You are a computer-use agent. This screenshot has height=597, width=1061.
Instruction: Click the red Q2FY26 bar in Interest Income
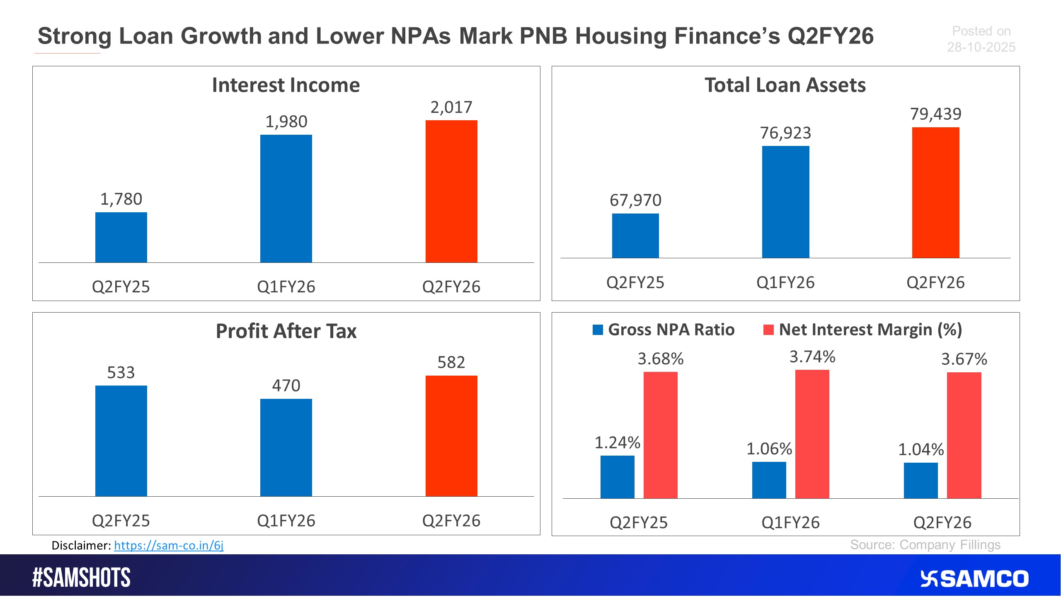coord(451,192)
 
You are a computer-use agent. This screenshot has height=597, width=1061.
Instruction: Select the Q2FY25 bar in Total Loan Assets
coord(635,236)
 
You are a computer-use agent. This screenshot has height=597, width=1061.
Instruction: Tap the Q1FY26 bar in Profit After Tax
coord(286,448)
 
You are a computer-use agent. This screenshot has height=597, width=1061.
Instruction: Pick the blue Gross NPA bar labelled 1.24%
coord(617,477)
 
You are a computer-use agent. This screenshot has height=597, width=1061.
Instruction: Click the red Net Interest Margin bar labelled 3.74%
coord(812,434)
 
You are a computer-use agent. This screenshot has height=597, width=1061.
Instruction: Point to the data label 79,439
coord(935,114)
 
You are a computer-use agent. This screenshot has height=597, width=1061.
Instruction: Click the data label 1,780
coord(121,199)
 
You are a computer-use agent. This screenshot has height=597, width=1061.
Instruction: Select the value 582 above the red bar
coord(451,362)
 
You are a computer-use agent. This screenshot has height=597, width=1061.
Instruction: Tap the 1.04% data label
coord(921,449)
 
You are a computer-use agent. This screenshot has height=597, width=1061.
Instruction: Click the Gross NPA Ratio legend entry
coord(664,330)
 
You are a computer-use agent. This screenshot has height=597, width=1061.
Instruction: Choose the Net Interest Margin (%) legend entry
coord(863,330)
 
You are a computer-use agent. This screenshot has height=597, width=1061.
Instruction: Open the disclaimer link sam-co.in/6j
coord(169,545)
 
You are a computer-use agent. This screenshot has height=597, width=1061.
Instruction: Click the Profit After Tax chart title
coord(286,331)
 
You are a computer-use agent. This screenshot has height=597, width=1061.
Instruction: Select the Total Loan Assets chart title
coord(785,85)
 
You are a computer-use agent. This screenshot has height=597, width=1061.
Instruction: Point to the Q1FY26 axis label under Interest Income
coord(286,287)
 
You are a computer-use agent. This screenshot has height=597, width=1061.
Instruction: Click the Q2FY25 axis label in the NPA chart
coord(639,522)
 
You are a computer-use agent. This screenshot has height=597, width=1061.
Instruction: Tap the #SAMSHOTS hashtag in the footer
coord(82,578)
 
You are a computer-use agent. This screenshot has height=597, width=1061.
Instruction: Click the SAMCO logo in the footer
coord(974,579)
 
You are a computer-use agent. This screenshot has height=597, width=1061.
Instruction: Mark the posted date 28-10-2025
coord(981,47)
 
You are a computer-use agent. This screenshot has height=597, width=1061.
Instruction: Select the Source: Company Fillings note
coord(925,545)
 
